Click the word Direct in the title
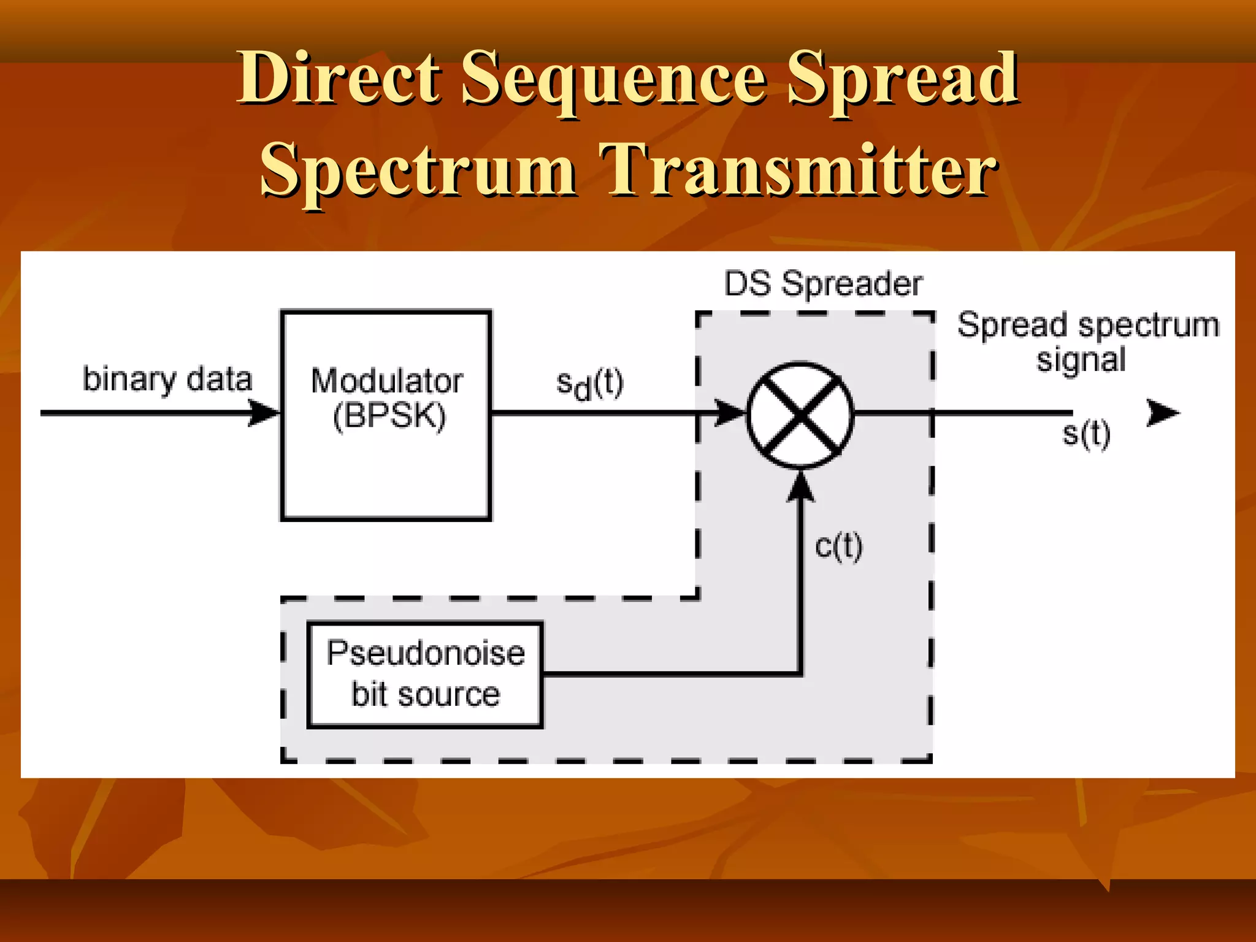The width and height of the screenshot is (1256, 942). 339,78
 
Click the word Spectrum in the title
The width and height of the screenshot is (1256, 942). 418,170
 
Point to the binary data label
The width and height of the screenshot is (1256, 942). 167,380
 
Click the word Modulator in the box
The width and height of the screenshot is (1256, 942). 386,381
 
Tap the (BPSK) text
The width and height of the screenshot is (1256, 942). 389,416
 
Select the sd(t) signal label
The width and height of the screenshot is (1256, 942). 589,385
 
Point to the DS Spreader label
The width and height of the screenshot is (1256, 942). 823,284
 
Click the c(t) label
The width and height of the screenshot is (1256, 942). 838,546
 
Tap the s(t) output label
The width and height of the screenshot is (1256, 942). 1086,434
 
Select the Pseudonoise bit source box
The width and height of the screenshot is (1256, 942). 425,675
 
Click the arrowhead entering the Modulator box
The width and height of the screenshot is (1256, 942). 265,413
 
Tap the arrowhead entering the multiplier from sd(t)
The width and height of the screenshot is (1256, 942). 730,413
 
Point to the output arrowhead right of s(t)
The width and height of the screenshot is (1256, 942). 1162,413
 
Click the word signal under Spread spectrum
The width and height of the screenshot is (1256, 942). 1081,359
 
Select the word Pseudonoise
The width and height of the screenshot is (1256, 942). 426,653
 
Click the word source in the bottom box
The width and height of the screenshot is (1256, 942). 449,694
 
